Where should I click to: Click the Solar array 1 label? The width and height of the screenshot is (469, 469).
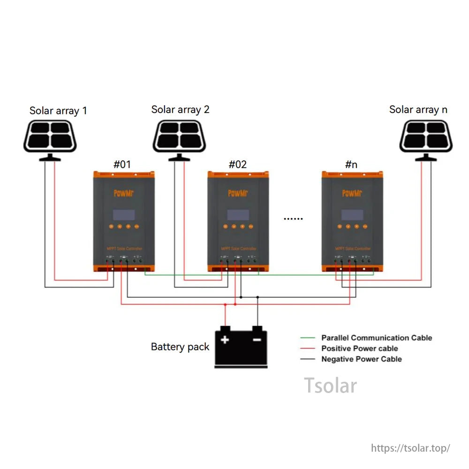[x=58, y=111]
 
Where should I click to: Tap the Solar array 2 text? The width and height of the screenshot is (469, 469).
[x=180, y=110]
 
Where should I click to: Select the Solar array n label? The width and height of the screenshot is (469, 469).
[x=418, y=110]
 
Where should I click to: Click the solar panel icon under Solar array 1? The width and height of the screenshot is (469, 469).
[x=50, y=136]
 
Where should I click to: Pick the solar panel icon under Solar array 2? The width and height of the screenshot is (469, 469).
[x=179, y=136]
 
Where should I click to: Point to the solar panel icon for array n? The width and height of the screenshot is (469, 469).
[x=426, y=136]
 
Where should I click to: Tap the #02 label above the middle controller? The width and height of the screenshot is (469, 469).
[x=237, y=164]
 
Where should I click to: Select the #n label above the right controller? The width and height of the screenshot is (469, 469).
[x=351, y=164]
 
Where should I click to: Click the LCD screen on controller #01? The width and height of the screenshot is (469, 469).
[x=124, y=215]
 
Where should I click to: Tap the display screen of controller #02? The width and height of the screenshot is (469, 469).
[x=238, y=215]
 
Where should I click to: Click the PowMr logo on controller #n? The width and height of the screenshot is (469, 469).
[x=352, y=193]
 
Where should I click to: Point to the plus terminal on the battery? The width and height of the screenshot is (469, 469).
[x=225, y=340]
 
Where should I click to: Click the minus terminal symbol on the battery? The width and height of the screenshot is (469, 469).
[x=257, y=339]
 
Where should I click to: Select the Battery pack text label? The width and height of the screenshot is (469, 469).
[x=180, y=347]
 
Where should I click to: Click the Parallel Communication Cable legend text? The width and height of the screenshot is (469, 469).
[x=376, y=338]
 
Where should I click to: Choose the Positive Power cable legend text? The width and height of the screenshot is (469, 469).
[x=359, y=348]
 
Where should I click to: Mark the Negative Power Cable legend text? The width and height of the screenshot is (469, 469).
[x=361, y=359]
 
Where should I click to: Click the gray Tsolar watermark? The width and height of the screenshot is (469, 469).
[x=330, y=385]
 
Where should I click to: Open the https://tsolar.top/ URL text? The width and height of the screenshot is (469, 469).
[x=410, y=448]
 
